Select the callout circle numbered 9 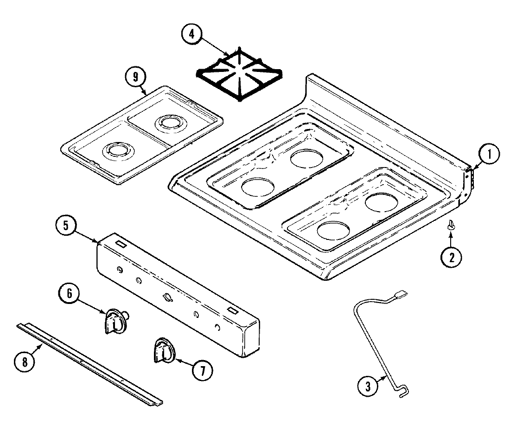pyautogui.click(x=135, y=77)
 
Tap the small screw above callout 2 pyautogui.click(x=451, y=226)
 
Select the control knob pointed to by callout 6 pyautogui.click(x=114, y=321)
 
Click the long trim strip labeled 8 pyautogui.click(x=90, y=364)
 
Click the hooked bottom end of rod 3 pyautogui.click(x=404, y=394)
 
